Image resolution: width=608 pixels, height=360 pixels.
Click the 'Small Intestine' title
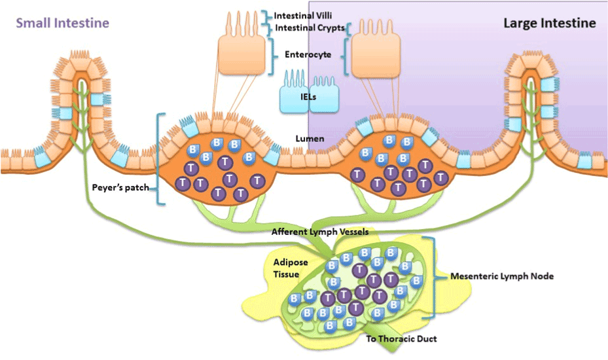click(x=62, y=23)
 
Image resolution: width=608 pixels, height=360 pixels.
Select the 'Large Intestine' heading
click(x=549, y=23)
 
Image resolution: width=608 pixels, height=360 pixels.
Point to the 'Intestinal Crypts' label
click(x=310, y=28)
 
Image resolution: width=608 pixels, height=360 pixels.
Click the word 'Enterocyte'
click(x=307, y=55)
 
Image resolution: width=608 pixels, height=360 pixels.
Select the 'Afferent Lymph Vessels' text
click(x=315, y=232)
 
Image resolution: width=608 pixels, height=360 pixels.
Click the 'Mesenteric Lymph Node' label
click(x=502, y=276)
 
